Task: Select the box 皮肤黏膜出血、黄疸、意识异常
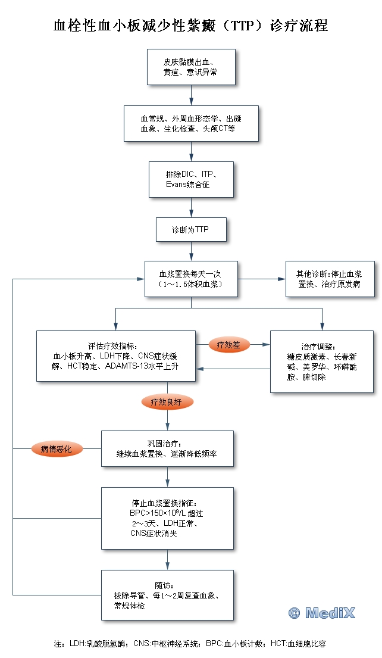[191, 67]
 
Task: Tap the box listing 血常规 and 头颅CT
[191, 123]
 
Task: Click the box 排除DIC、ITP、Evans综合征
[191, 179]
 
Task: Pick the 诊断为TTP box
[191, 229]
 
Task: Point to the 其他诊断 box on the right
[330, 279]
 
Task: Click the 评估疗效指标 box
[115, 355]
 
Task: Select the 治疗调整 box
[322, 361]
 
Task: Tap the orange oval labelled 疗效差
[229, 344]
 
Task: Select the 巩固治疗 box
[167, 448]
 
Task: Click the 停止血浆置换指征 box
[167, 518]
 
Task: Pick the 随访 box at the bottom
[167, 595]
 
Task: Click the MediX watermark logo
[321, 613]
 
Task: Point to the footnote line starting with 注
[190, 644]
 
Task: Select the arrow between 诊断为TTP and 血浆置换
[191, 251]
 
